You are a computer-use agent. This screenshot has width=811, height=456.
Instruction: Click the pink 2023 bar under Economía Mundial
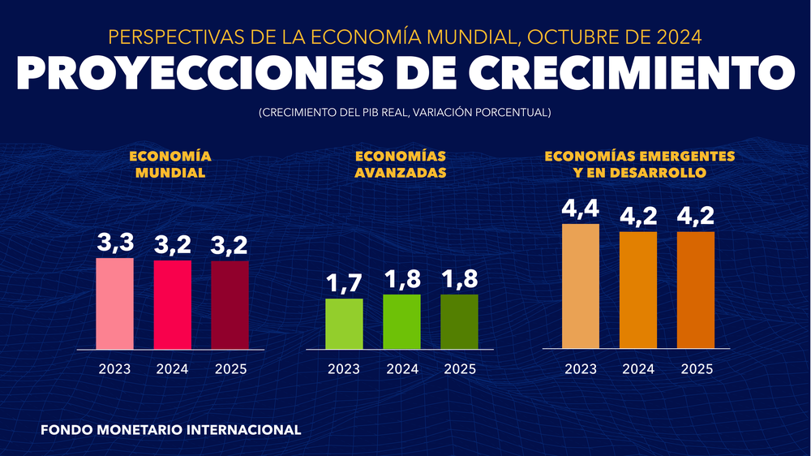[114, 303]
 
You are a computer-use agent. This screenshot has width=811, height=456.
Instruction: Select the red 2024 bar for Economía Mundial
[173, 304]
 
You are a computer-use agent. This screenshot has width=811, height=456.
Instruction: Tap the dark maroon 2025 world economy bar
[230, 305]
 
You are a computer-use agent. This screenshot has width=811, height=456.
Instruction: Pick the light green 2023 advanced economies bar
[344, 324]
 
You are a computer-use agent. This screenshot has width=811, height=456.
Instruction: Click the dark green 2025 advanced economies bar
[459, 321]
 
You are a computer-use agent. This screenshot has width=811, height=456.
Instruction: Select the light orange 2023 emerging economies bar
[581, 286]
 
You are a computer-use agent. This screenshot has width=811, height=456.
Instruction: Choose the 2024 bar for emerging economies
[638, 290]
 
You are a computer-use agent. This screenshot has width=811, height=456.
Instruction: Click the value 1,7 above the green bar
[344, 283]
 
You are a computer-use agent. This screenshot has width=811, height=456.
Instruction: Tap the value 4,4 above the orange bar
[581, 209]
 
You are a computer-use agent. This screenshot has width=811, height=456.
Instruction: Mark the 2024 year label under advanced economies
[401, 369]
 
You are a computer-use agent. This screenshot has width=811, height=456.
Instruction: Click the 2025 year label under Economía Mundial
[230, 369]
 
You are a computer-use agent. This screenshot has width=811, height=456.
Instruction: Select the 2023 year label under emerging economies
[581, 369]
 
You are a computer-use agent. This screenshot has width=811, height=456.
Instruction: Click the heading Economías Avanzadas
[401, 164]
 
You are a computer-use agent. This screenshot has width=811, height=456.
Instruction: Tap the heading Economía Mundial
[170, 164]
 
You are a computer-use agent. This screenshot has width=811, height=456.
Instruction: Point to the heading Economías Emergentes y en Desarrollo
[640, 164]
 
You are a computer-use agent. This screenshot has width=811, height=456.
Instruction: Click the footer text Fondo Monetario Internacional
[170, 429]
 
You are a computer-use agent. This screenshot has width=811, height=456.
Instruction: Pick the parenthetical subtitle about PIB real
[405, 113]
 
